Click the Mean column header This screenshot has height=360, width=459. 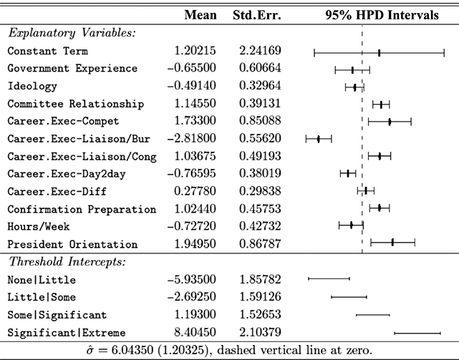point(201,14)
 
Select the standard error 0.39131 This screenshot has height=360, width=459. point(261,104)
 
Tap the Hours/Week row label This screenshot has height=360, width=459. point(39,226)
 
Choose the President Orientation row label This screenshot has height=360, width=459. point(72,244)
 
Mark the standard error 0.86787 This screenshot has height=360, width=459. point(261,244)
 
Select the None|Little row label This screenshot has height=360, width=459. point(42,279)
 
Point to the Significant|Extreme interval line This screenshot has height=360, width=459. point(417,332)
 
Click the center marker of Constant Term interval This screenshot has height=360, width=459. point(379,52)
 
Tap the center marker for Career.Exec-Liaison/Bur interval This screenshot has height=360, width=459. point(319,139)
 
